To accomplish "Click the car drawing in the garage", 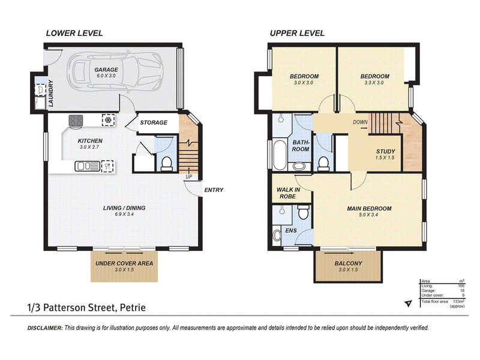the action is [115, 72].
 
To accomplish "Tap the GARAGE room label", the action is [106, 70].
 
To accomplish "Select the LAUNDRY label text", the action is [51, 94].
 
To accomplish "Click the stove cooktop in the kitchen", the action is [76, 121].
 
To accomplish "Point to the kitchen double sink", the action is [88, 166].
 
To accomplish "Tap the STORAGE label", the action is [154, 122].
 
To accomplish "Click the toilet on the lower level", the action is [167, 163].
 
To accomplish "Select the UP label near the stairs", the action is [189, 176].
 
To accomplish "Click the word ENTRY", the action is [214, 190].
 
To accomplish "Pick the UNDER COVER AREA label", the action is [124, 263].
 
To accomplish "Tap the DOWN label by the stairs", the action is [361, 122].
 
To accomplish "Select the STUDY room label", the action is [385, 151].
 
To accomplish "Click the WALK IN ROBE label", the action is [289, 193].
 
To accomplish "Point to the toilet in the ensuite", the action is [304, 212].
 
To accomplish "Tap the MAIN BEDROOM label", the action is [369, 208].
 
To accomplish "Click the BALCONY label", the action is [349, 263].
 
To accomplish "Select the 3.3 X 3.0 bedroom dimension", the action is [374, 83].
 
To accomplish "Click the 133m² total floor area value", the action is [458, 302].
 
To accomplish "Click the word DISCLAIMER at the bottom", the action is [45, 328].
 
